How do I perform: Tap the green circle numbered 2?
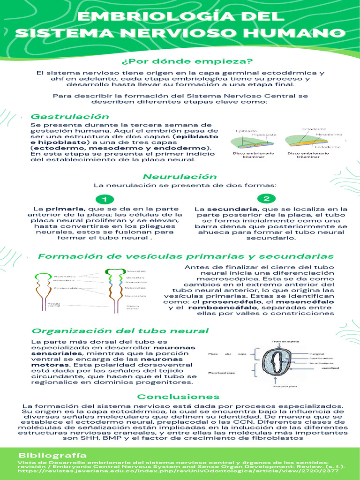[x=266, y=198]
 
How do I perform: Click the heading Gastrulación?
[x=69, y=116]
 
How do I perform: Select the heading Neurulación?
[x=180, y=177]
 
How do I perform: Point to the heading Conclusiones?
[x=178, y=397]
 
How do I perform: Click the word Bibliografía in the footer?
[x=52, y=455]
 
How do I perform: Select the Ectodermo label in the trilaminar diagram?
[x=315, y=128]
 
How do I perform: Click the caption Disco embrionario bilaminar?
[x=249, y=155]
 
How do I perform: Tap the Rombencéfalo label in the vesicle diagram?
[x=66, y=288]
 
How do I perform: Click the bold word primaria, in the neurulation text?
[x=59, y=209]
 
